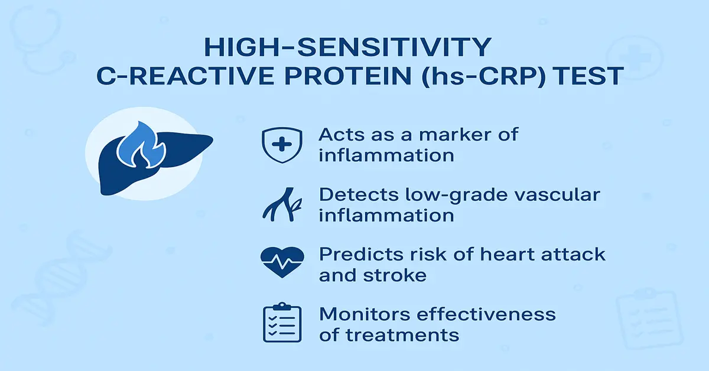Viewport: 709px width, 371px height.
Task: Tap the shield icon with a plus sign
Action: (280, 145)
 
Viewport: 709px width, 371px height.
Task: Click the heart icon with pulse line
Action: (282, 261)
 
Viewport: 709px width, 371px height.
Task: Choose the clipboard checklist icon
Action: (282, 324)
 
